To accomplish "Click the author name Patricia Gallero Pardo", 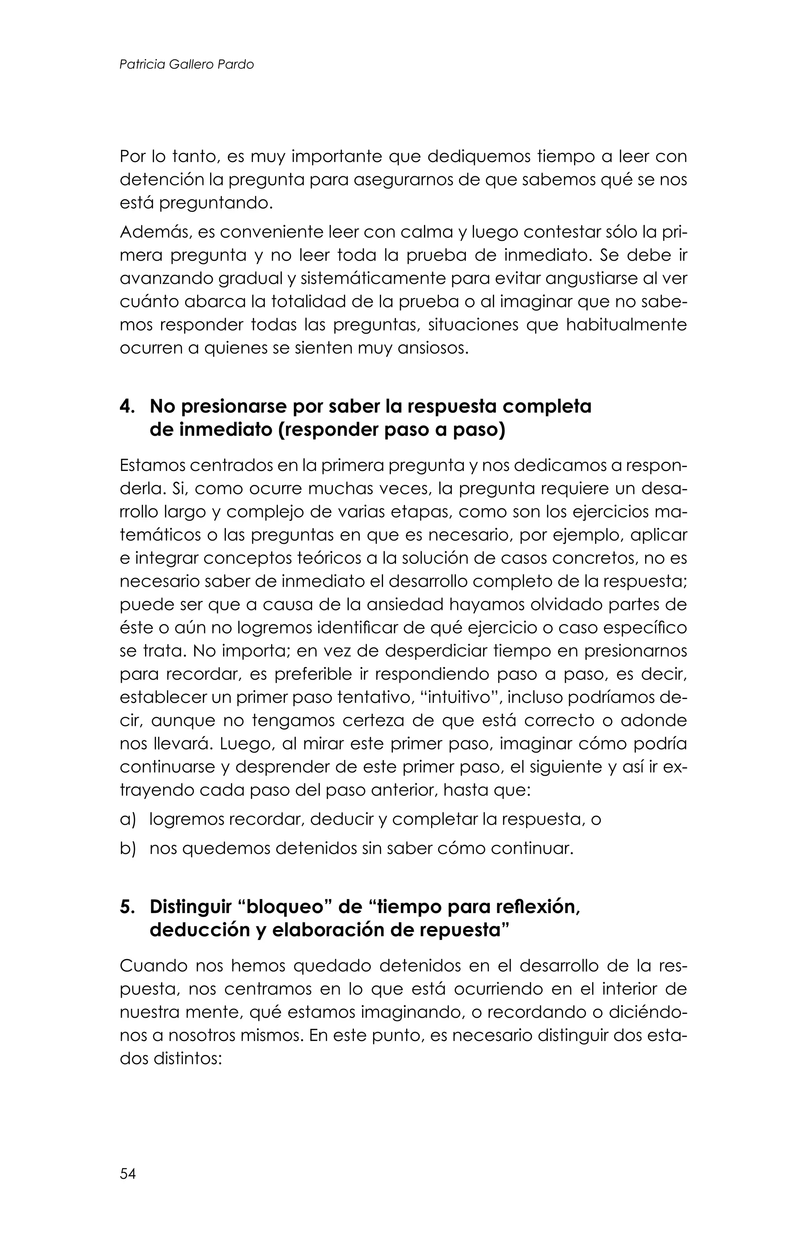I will tap(186, 65).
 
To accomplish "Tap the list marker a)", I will tap(127, 819).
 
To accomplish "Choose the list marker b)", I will tap(127, 848).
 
